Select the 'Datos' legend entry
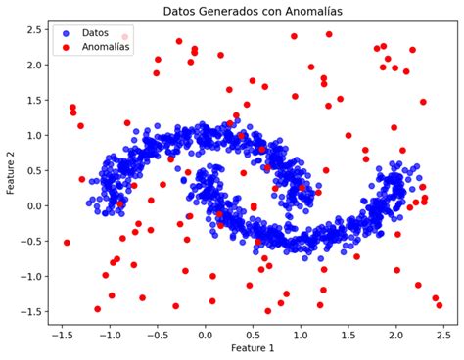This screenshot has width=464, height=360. coord(97,32)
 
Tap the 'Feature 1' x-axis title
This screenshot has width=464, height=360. coord(253,348)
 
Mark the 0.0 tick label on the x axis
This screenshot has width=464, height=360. coord(205,333)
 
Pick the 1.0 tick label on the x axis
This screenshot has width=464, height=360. coord(301,333)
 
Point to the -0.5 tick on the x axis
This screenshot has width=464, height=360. coord(157,333)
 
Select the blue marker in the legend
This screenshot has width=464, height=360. coord(69,32)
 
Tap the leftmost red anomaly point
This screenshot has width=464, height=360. coord(67,243)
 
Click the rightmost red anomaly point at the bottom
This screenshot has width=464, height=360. coord(440,305)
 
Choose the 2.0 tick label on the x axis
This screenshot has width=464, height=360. coord(395,333)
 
